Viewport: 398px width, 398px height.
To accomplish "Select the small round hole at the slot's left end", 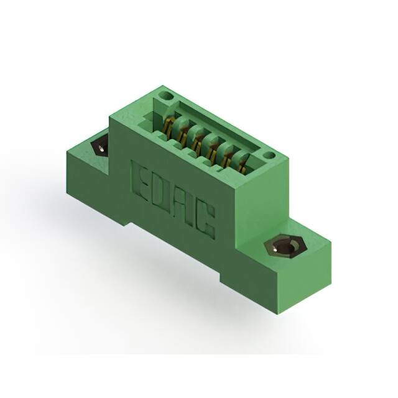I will (165, 97).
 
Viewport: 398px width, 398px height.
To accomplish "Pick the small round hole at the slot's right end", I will (268, 155).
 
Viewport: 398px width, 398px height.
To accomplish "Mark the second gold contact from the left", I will (182, 133).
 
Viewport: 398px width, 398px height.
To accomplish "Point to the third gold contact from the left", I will (197, 141).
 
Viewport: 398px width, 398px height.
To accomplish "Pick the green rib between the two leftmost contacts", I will (175, 132).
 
